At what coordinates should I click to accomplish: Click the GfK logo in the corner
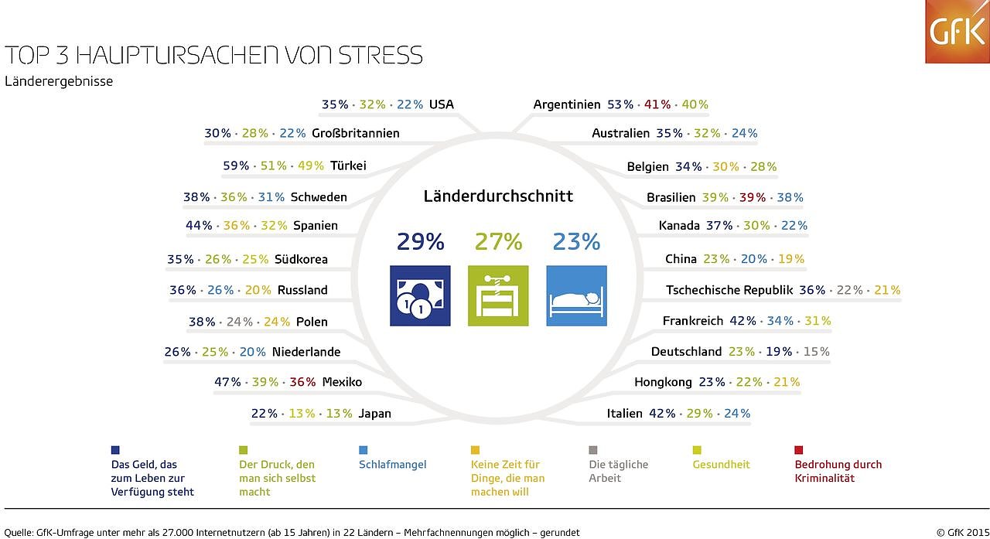[x=957, y=32]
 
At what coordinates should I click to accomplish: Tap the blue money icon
[x=420, y=295]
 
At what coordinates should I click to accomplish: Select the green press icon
[x=498, y=295]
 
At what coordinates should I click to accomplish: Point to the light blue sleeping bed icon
[x=576, y=295]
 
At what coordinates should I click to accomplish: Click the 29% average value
[x=420, y=242]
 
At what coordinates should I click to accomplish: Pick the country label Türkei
[x=348, y=165]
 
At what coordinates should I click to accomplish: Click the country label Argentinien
[x=567, y=104]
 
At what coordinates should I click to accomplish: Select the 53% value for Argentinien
[x=620, y=104]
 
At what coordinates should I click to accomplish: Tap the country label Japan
[x=374, y=414]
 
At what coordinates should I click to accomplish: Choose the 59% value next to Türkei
[x=236, y=165]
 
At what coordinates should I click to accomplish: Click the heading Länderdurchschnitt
[x=498, y=196]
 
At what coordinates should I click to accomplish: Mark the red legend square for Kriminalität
[x=799, y=450]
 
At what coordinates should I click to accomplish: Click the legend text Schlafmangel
[x=392, y=465]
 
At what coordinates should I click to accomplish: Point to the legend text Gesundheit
[x=721, y=465]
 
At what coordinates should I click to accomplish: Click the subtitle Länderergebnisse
[x=59, y=81]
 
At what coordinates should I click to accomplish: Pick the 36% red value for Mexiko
[x=302, y=382]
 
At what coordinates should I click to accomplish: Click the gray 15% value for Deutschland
[x=816, y=352]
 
